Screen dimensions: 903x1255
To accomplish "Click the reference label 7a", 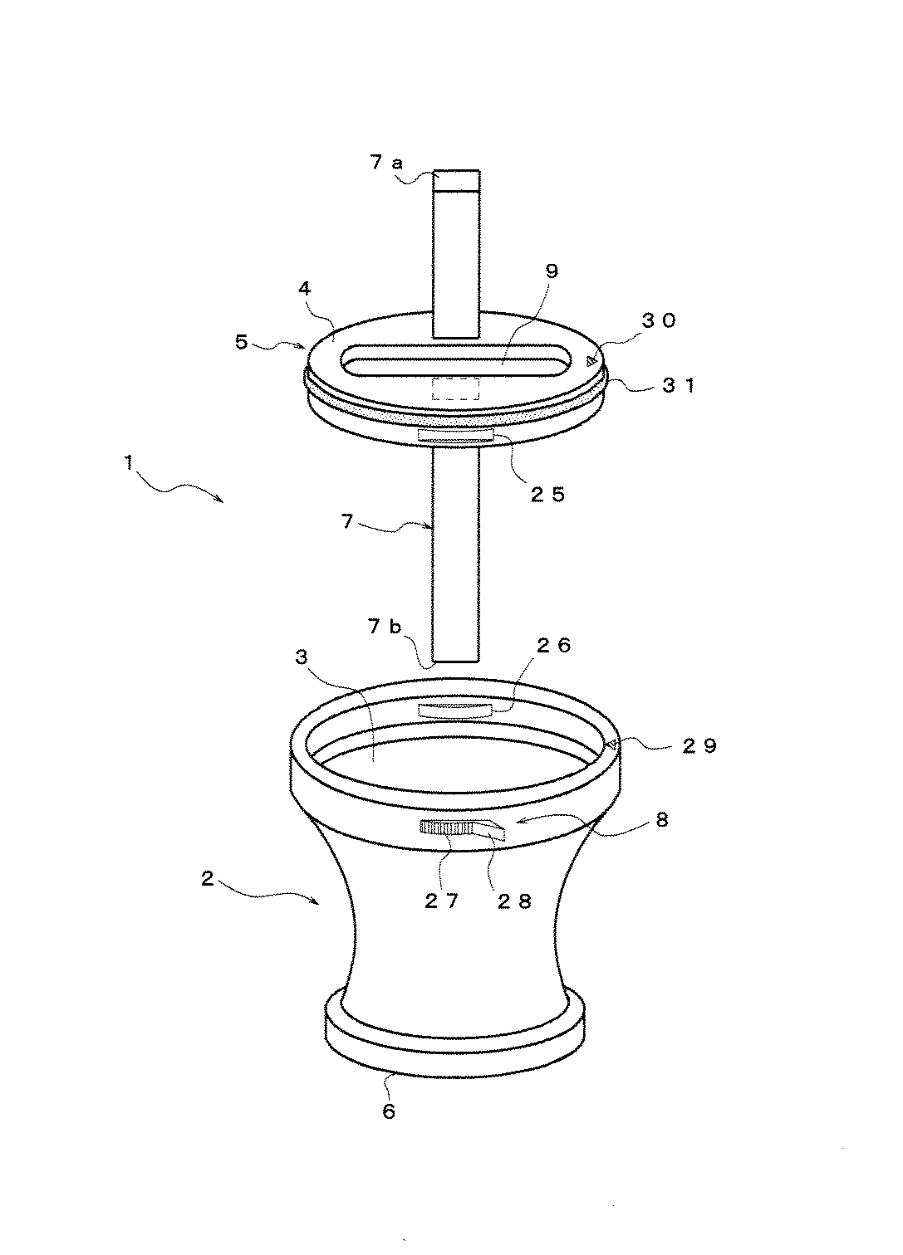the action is coord(386,163).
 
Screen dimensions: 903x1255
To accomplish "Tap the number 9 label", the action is coord(552,271).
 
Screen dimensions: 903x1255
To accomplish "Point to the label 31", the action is coord(679,385).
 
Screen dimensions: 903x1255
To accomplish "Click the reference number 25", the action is coord(548,494).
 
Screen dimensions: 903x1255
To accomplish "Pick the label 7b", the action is coord(385,627).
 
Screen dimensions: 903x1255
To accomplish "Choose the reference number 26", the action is coord(553,646).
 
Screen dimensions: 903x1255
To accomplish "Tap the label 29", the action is coord(699,746).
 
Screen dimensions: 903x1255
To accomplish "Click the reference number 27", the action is coord(441,901).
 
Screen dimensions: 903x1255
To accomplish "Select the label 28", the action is coord(514,901).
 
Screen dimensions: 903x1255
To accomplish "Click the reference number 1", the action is coord(130,464).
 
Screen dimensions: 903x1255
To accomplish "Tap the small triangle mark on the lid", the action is coord(590,361).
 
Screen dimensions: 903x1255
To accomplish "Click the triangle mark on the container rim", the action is coord(614,744).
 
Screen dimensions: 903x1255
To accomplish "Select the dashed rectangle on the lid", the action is coord(456,388).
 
